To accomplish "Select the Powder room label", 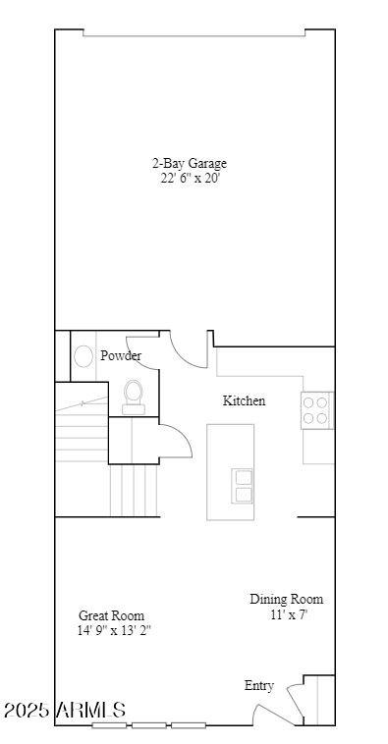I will pyautogui.click(x=120, y=355).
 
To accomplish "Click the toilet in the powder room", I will pyautogui.click(x=134, y=395).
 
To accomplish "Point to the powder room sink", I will pyautogui.click(x=83, y=355).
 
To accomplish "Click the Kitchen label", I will pyautogui.click(x=244, y=400).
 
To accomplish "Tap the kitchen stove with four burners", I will pyautogui.click(x=316, y=409).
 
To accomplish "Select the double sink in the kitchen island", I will pyautogui.click(x=243, y=486).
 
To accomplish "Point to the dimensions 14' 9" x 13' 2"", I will pyautogui.click(x=114, y=631).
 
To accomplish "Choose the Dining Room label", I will pyautogui.click(x=286, y=600).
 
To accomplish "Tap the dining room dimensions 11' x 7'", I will pyautogui.click(x=289, y=615).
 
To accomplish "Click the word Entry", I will pyautogui.click(x=259, y=686).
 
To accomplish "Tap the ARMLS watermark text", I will pyautogui.click(x=92, y=710).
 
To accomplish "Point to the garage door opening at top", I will pyautogui.click(x=194, y=34).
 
